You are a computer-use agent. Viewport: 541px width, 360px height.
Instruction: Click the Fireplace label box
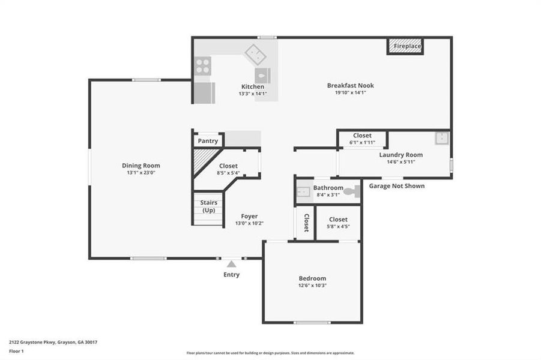point(407,46)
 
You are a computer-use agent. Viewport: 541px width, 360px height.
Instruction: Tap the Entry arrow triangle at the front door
point(231,263)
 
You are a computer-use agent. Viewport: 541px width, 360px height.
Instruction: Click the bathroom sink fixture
point(303,192)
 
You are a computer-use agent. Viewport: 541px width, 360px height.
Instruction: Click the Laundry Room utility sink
point(443,138)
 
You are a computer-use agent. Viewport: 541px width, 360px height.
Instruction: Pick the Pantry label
point(208,141)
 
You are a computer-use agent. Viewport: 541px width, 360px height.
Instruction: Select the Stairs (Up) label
point(208,206)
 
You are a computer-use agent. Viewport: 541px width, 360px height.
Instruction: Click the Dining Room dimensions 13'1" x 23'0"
point(141,173)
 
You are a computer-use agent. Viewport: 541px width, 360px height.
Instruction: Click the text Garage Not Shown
point(396,186)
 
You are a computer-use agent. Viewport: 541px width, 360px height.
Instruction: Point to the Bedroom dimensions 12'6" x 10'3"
point(312,286)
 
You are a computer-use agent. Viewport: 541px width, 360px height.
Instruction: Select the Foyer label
point(249,216)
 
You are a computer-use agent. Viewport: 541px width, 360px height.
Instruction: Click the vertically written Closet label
point(306,223)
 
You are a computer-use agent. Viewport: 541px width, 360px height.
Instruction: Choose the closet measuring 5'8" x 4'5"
point(338,223)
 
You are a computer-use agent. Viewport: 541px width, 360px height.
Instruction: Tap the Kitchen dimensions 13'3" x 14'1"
point(253,94)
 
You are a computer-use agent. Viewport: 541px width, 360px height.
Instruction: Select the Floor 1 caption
point(16,351)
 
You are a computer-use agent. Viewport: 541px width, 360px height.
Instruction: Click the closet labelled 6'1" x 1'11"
point(362,139)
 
